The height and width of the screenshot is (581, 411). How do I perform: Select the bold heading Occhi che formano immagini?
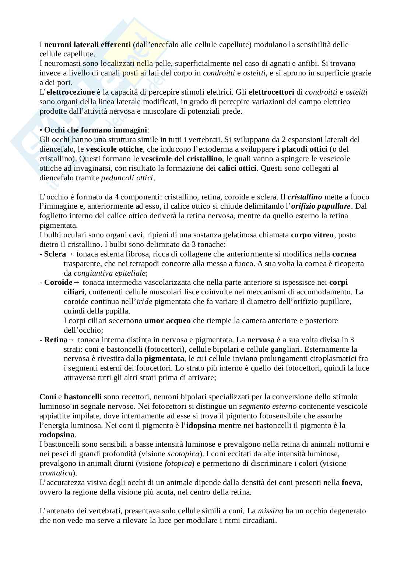click(95, 130)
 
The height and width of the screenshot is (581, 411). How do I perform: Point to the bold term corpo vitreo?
click(312, 235)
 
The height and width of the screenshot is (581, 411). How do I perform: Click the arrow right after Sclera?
click(70, 254)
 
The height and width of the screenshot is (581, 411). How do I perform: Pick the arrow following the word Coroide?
click(77, 283)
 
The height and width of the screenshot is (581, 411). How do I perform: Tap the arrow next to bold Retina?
click(72, 340)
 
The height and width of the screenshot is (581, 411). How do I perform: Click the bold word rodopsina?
click(54, 435)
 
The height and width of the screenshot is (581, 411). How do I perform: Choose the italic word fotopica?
click(179, 464)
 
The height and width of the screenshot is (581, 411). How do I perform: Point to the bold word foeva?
click(351, 482)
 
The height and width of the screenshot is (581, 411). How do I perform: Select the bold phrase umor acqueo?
click(168, 320)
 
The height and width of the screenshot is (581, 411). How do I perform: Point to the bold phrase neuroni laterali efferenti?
click(88, 45)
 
